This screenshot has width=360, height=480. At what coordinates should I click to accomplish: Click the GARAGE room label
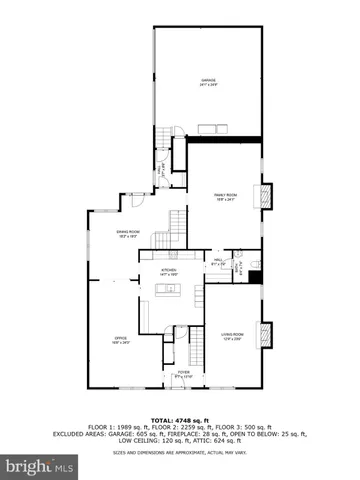208,81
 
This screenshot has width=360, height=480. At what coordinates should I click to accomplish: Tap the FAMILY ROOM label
225,196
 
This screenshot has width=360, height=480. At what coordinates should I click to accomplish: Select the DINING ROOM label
127,235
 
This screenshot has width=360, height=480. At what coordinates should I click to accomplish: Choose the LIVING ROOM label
231,337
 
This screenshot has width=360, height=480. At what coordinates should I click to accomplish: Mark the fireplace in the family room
265,197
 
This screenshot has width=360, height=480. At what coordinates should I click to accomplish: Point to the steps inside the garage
212,126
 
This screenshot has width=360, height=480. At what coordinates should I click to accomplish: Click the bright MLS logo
39,467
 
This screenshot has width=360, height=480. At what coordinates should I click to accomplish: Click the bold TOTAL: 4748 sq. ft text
180,419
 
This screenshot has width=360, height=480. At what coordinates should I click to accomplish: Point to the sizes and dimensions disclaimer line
180,452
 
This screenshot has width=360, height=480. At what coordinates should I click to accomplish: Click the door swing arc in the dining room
127,202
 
